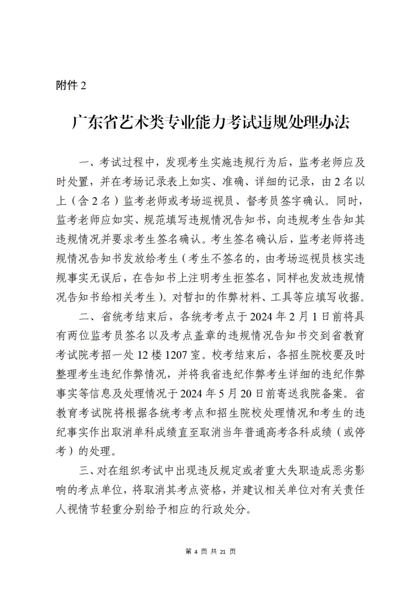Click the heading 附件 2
(x=71, y=85)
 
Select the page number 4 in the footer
(x=196, y=551)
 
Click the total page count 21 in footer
(x=223, y=551)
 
